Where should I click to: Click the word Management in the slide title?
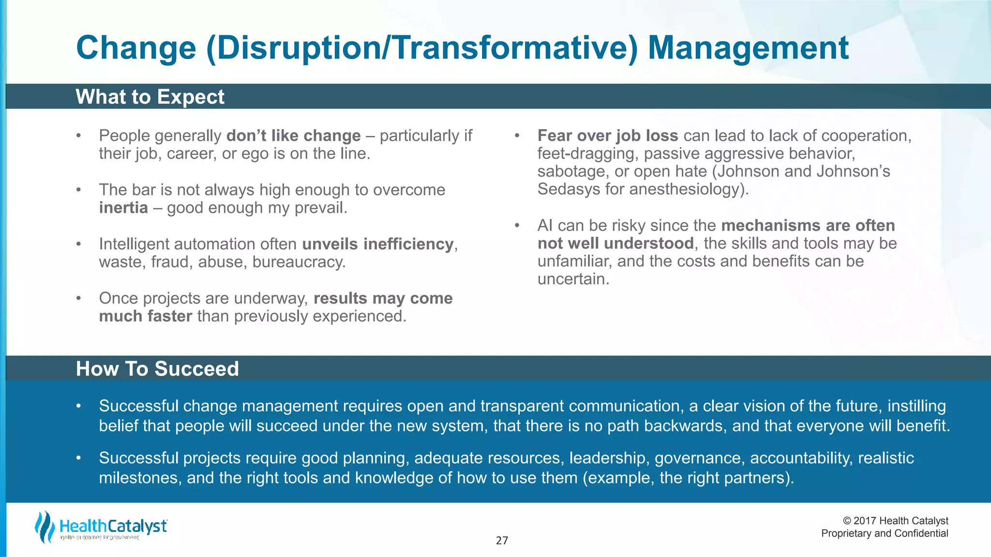[748, 48]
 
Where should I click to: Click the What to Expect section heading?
[150, 97]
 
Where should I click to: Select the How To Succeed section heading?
[157, 369]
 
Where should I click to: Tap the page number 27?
[502, 541]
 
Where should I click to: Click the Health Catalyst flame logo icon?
[45, 527]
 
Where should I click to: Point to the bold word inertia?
[123, 208]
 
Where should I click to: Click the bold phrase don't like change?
[293, 136]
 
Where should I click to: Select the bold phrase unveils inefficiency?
[378, 244]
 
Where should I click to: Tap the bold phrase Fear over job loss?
[608, 136]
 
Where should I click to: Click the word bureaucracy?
[299, 262]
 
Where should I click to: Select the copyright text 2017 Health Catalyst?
[895, 521]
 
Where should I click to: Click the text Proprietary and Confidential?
[885, 533]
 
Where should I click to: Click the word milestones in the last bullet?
[140, 478]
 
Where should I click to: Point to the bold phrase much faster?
[146, 316]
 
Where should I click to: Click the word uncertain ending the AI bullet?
[573, 279]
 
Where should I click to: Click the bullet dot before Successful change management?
[78, 406]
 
